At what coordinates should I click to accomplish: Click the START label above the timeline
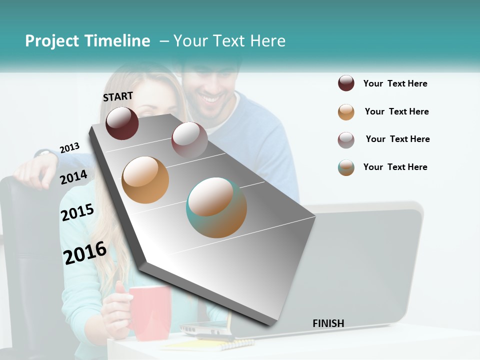point(118,96)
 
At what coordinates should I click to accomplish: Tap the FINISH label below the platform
point(328,323)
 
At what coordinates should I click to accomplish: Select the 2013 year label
point(69,148)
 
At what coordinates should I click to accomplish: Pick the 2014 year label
point(74,177)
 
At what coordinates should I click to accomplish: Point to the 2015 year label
point(77,212)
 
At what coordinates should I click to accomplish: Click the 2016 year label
point(85,252)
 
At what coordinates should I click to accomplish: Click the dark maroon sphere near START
point(122,123)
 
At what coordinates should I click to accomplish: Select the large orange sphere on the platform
point(145,180)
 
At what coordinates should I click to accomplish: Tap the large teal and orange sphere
point(216,207)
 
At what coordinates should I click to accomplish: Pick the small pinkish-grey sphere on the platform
point(189,139)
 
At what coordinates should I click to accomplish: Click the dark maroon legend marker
point(346,83)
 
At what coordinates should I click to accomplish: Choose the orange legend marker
point(346,112)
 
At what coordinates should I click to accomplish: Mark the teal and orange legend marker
point(346,167)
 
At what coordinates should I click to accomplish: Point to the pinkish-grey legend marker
point(346,140)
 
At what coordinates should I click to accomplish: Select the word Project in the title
point(52,41)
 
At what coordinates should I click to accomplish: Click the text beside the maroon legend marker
point(395,83)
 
